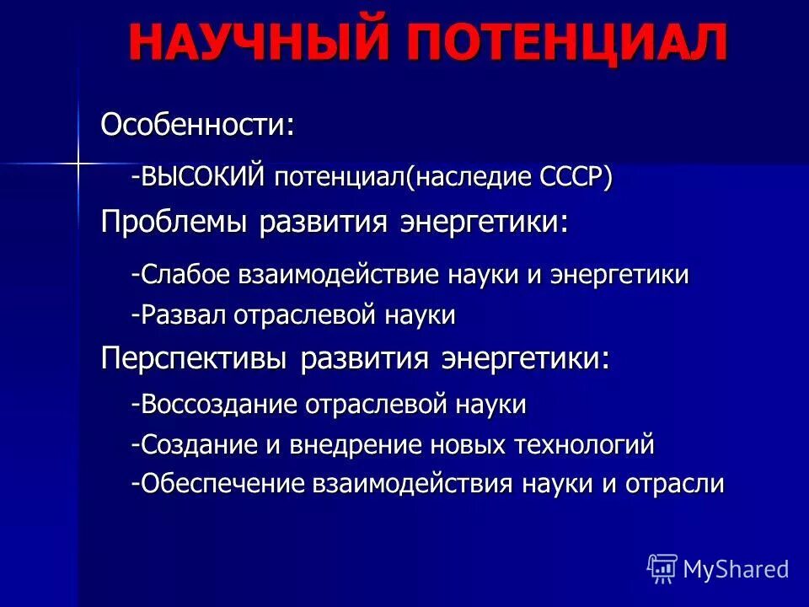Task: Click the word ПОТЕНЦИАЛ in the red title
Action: tap(569, 42)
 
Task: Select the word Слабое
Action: tap(190, 275)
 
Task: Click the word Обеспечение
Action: tap(215, 484)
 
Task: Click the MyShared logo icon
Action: tap(662, 568)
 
